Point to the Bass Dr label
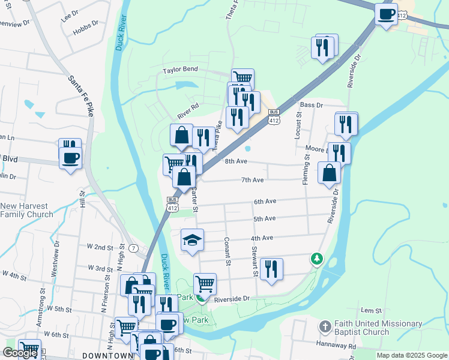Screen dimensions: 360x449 click(311, 105)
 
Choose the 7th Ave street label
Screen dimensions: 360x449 click(253, 180)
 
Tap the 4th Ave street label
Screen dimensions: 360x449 click(262, 238)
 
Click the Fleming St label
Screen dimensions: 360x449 click(306, 169)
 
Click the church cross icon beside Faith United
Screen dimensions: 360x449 click(325, 328)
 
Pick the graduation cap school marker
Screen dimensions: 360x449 click(193, 240)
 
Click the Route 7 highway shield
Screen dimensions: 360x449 click(134, 248)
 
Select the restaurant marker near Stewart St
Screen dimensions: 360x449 click(272, 269)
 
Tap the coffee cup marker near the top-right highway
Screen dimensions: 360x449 click(386, 13)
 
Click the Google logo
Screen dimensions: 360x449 click(20, 353)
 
